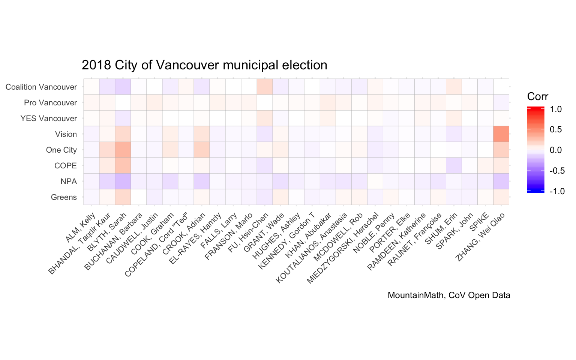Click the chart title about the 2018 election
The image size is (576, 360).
pos(204,65)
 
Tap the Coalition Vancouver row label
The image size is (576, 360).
pos(41,87)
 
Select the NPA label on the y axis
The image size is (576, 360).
pos(69,181)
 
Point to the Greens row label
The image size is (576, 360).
pos(64,197)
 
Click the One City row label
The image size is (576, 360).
pos(61,150)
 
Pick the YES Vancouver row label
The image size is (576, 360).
pos(49,118)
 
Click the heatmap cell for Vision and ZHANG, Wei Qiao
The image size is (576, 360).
pos(501,134)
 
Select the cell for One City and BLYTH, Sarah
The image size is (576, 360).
pos(123,150)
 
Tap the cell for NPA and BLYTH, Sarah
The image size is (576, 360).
pos(123,181)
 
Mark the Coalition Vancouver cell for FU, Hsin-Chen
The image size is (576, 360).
pos(265,87)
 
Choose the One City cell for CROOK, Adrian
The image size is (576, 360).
pos(202,150)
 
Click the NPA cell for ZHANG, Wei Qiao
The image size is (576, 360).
pos(501,181)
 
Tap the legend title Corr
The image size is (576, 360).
pos(537,97)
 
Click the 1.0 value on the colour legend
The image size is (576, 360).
pos(555,109)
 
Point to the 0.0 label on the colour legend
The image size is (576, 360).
pos(555,150)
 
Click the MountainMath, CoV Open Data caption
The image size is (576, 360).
pos(449,295)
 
